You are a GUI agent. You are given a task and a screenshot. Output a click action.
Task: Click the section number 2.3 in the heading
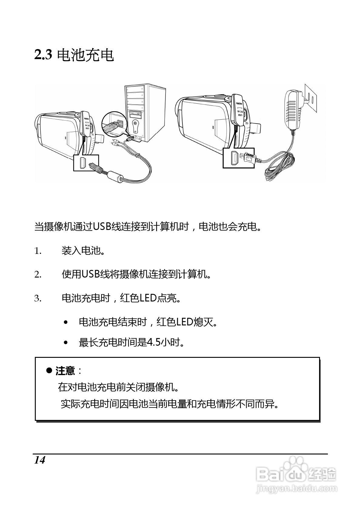pyautogui.click(x=44, y=55)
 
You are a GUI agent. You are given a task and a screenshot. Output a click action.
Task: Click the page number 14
pyautogui.click(x=40, y=460)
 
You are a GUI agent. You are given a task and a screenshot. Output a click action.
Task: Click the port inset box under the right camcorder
pyautogui.click(x=238, y=158)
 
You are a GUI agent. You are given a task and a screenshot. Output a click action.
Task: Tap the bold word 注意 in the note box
pyautogui.click(x=65, y=371)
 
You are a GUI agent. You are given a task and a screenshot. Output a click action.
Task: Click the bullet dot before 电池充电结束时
pyautogui.click(x=66, y=322)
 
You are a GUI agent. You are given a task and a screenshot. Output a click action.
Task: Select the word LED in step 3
pyautogui.click(x=148, y=298)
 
